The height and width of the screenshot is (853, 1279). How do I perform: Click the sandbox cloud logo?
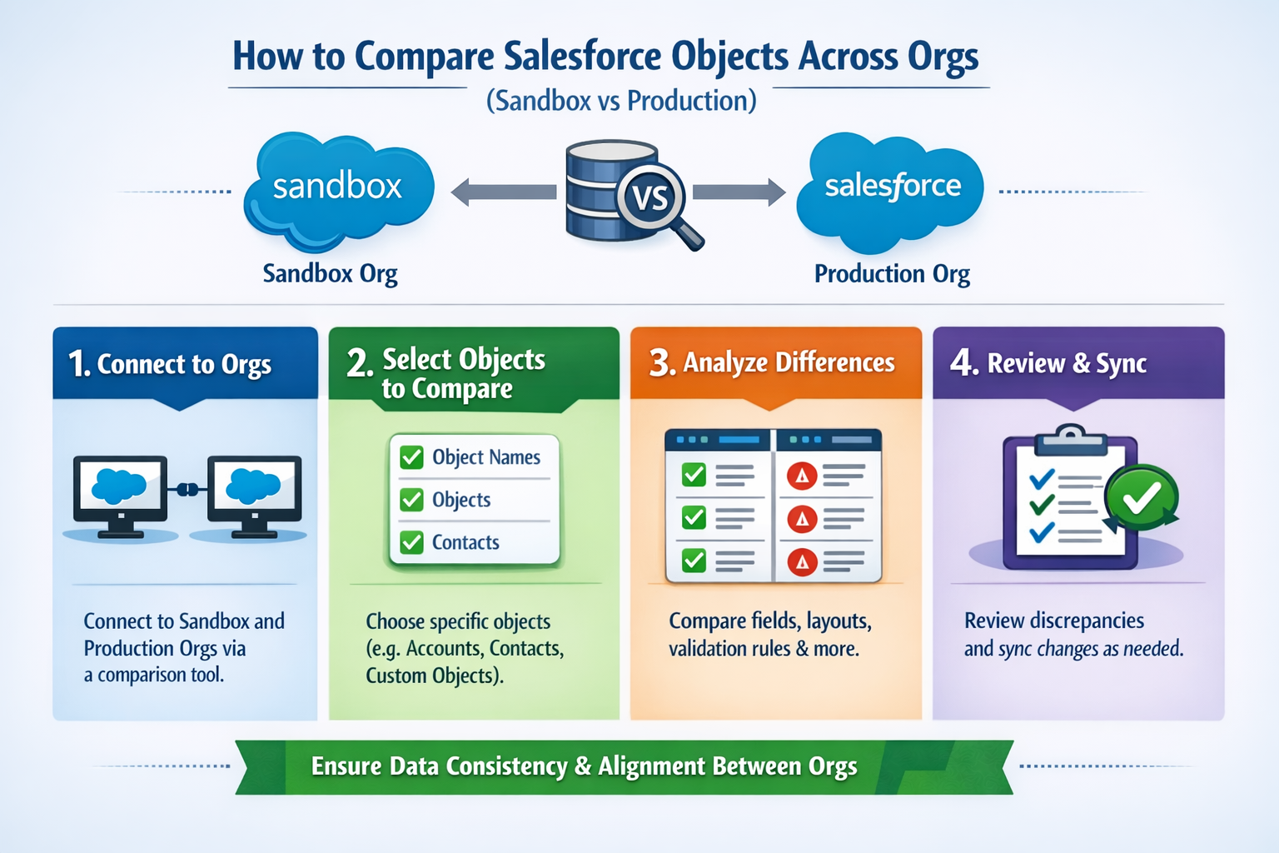coord(337,189)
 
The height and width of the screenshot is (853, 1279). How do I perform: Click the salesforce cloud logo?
coord(892,189)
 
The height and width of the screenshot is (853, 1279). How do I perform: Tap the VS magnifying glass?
coord(652,199)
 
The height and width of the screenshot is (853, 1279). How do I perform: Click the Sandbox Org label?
coord(330,274)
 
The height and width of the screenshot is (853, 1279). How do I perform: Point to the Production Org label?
coord(892,274)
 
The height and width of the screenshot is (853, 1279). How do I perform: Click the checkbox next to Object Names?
coord(411,457)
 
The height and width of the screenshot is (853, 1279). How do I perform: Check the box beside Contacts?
coord(411,542)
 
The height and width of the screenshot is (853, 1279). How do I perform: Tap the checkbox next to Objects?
coord(411,500)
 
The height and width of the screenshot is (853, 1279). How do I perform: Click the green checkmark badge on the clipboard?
coord(1142,498)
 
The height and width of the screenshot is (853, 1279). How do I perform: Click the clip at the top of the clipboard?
coord(1070,436)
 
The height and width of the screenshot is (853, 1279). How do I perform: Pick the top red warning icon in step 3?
coord(802,476)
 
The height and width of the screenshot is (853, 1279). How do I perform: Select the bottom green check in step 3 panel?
coord(694,561)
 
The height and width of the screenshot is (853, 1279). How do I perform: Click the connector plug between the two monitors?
coord(187,489)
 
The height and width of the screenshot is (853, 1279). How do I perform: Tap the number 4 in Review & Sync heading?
coord(963,363)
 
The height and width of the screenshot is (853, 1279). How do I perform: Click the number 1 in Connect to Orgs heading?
coord(78,364)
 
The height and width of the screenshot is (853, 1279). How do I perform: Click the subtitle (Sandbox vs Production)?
coord(621,101)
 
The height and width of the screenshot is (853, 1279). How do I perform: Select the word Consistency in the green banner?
coord(506,766)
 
